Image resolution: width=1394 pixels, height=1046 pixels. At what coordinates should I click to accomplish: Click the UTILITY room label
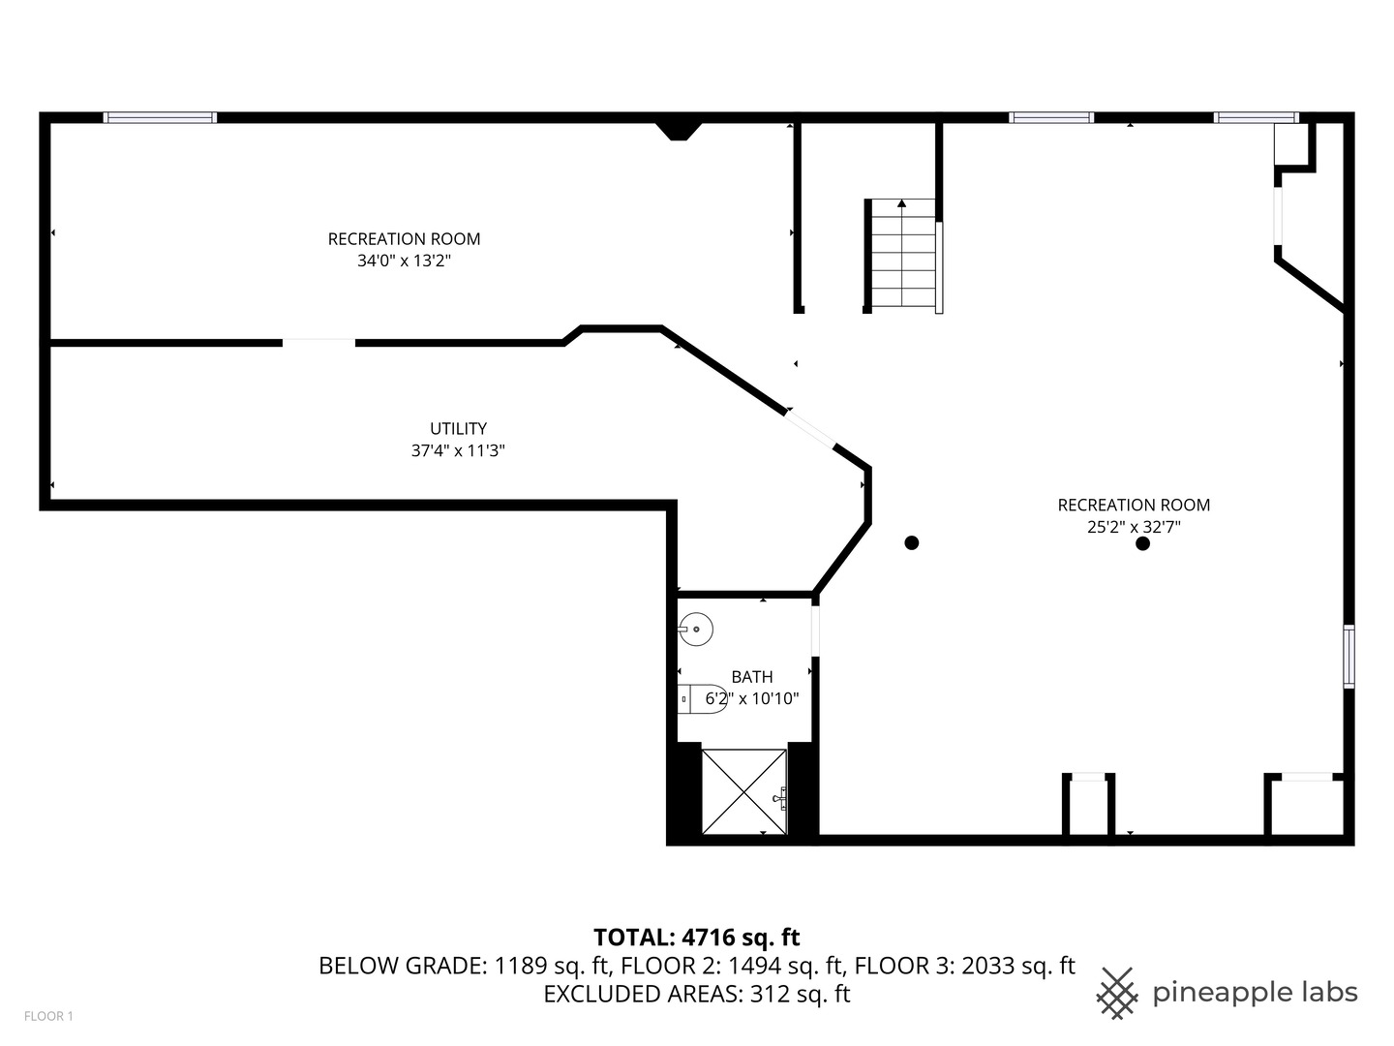(x=458, y=428)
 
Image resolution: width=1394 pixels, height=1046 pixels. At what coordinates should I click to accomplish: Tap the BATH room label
(x=752, y=677)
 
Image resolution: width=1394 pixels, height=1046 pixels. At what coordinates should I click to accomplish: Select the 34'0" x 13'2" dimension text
(x=404, y=261)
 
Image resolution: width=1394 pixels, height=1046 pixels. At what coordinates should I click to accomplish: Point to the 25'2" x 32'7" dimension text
(x=1134, y=527)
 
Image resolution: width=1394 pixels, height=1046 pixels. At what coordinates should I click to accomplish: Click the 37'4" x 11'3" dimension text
(x=458, y=450)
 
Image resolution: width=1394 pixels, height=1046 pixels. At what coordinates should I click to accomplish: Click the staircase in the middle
(x=902, y=255)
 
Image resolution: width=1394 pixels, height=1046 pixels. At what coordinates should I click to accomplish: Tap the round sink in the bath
(x=695, y=630)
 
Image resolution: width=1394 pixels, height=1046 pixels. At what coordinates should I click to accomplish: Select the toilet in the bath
(x=702, y=698)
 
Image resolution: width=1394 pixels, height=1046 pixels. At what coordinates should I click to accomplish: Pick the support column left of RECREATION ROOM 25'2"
(x=911, y=542)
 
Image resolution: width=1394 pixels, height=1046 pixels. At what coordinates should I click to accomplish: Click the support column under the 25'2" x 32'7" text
(x=1142, y=543)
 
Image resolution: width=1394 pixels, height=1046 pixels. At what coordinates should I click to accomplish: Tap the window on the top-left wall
(x=160, y=117)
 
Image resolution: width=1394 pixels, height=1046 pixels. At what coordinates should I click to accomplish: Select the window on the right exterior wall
(x=1349, y=657)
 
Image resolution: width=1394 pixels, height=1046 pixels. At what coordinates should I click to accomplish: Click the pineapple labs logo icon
(x=1117, y=993)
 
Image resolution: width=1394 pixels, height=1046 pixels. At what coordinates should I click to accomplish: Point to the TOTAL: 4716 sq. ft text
(x=696, y=937)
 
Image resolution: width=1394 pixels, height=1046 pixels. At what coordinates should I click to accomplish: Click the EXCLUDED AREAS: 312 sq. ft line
(x=696, y=994)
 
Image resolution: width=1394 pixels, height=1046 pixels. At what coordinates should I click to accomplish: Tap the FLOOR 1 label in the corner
(x=48, y=1016)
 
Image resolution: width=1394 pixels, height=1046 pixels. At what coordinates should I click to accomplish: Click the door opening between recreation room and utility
(x=318, y=342)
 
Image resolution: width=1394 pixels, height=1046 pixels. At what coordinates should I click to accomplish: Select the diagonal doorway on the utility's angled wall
(x=809, y=428)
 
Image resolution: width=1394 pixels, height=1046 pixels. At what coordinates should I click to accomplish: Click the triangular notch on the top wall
(x=679, y=130)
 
